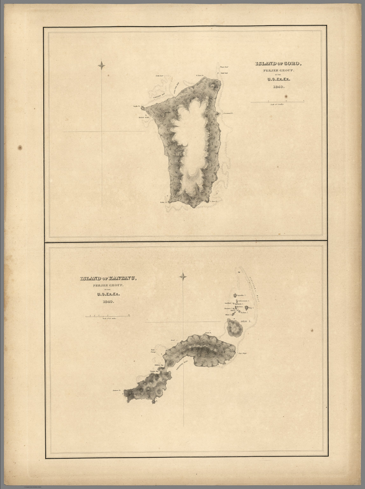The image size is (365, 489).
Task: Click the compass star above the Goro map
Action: [102, 66]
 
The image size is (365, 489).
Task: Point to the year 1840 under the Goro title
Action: [278, 87]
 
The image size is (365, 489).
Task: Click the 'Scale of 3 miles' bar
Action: [277, 102]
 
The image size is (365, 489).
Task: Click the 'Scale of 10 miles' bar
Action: [108, 315]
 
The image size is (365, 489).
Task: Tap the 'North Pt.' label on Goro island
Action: [137, 107]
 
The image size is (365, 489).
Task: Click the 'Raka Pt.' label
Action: [164, 202]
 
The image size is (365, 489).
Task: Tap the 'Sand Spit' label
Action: [223, 74]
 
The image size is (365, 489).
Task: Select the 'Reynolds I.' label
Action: [242, 295]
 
